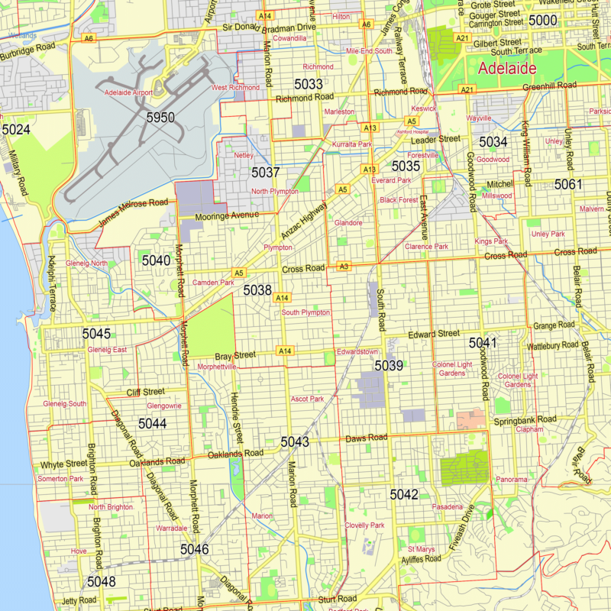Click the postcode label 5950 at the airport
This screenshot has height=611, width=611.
(x=160, y=118)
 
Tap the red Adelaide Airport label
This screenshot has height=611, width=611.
(x=128, y=93)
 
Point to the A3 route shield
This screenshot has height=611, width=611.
(x=344, y=267)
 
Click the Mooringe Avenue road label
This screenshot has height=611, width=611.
(x=228, y=216)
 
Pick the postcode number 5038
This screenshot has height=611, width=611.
(x=257, y=290)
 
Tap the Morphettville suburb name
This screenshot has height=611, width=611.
(x=218, y=367)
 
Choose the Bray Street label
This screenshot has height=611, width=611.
(x=234, y=356)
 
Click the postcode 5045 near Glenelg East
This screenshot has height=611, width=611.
(x=97, y=334)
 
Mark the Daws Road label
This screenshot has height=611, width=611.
(x=367, y=438)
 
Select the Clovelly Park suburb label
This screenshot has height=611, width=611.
(x=364, y=525)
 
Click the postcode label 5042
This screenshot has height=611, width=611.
(x=404, y=495)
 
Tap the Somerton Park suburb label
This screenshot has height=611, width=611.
(x=60, y=479)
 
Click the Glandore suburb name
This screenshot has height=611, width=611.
(x=348, y=223)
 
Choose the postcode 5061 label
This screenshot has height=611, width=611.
(x=568, y=184)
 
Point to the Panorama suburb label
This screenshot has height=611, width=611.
(x=512, y=480)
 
